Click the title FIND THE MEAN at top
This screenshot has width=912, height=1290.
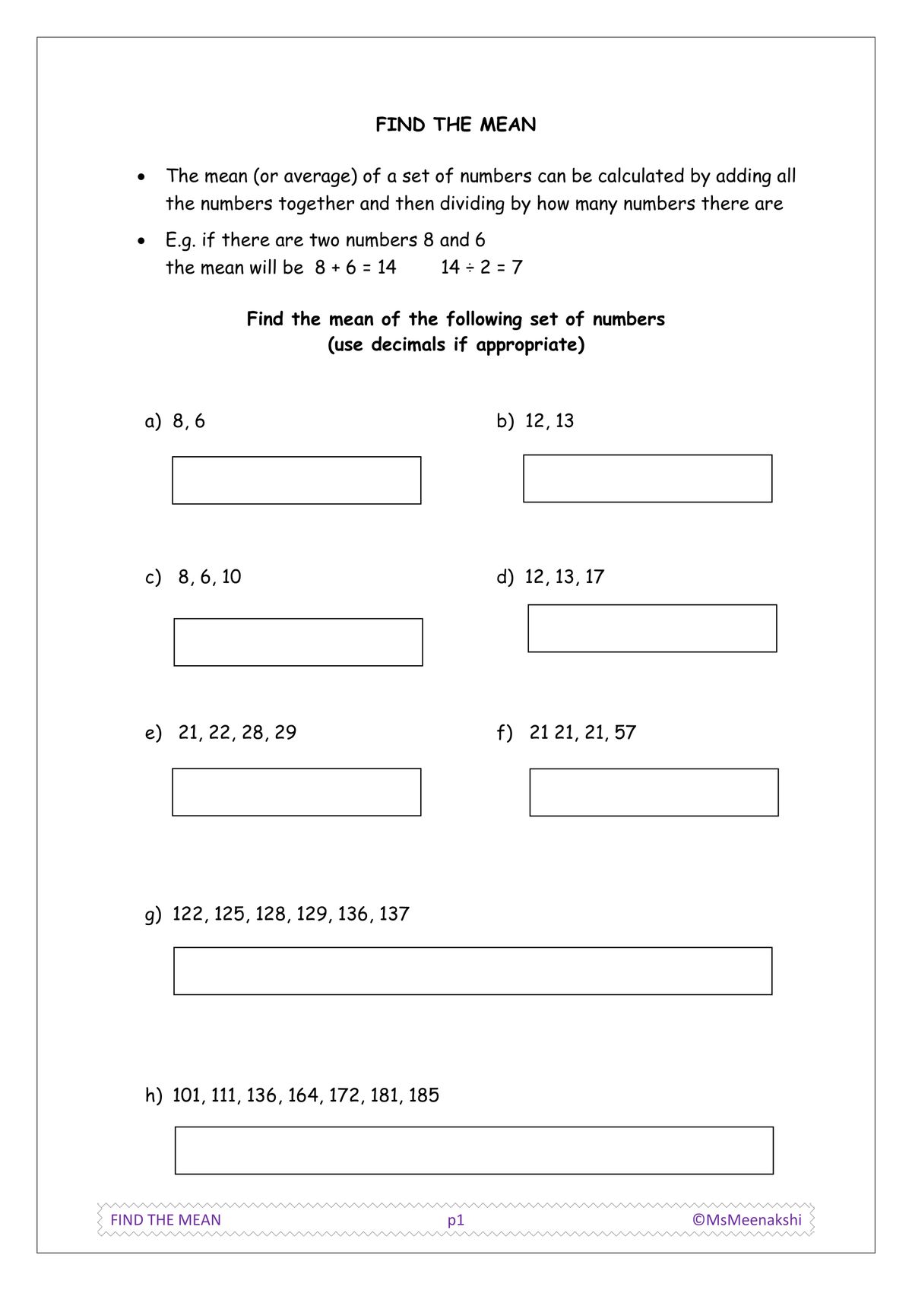[455, 125]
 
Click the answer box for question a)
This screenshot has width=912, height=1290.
[296, 480]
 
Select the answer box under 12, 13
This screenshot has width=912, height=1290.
[648, 478]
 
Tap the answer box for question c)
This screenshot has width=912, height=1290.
[298, 642]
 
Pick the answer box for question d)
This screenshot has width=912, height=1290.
[652, 629]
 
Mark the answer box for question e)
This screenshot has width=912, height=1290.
[296, 792]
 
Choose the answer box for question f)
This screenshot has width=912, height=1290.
[654, 793]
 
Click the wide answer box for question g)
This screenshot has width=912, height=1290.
[473, 971]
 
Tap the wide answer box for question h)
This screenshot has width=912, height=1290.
[474, 1150]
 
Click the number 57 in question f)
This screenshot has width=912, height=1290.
[625, 732]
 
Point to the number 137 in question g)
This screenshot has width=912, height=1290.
[394, 914]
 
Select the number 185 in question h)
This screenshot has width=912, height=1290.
[423, 1095]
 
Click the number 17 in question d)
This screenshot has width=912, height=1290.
[594, 577]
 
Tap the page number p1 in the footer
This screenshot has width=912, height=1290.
[455, 1220]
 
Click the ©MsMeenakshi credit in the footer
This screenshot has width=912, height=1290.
[746, 1219]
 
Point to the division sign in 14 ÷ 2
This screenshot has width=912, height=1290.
[469, 268]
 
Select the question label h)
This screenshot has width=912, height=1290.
[154, 1095]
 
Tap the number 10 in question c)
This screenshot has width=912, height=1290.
[231, 577]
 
